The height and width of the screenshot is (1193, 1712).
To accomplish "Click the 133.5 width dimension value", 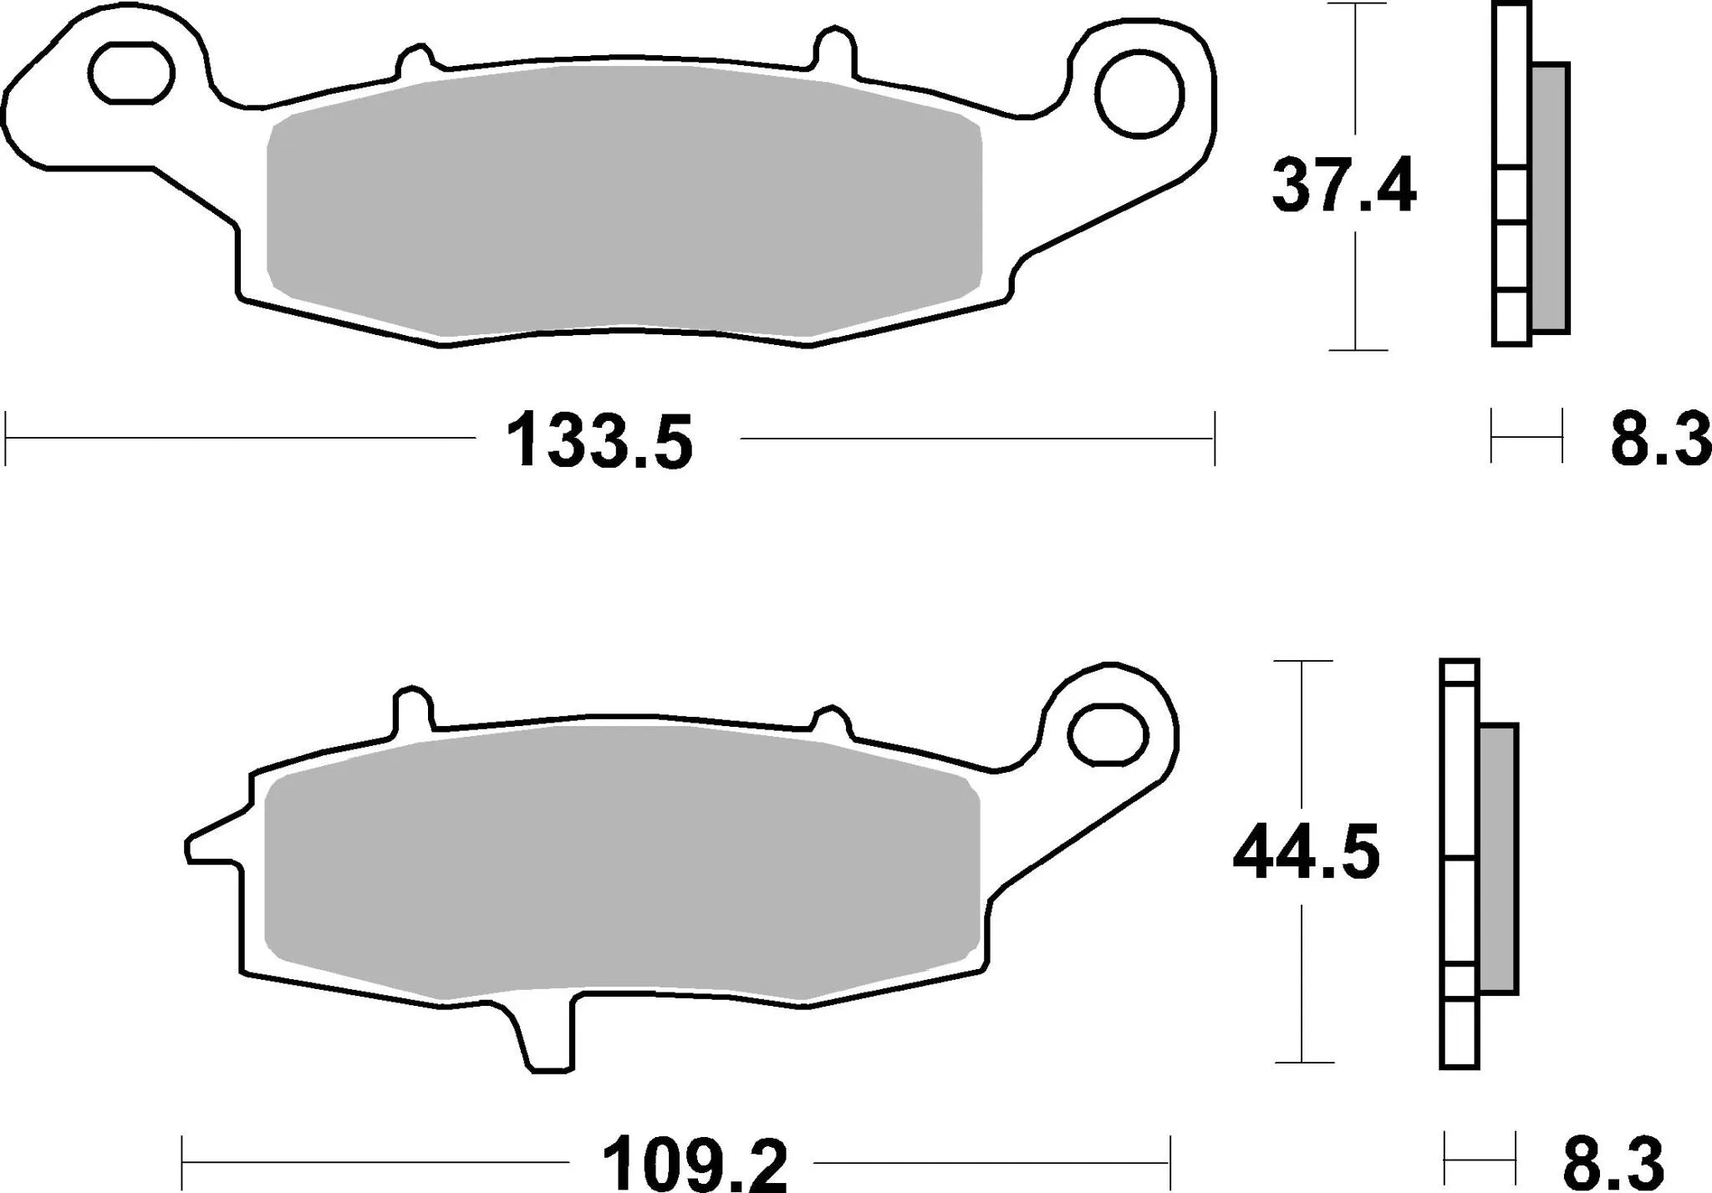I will pos(600,440).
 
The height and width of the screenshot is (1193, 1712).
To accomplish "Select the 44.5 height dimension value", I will pos(1306,853).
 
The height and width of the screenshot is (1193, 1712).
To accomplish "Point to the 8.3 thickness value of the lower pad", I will pos(1613,1162).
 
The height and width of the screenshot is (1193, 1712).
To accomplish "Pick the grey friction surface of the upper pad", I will pos(623,201).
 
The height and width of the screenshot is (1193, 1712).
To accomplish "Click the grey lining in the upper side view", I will pos(1551,198).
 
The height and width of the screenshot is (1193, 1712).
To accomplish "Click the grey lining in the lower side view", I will pos(1498,858).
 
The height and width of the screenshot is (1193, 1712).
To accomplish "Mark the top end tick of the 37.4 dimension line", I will pos(1355,4).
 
